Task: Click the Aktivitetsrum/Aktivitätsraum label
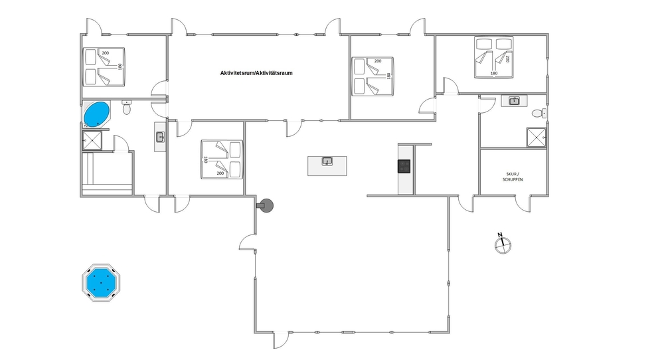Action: (256, 73)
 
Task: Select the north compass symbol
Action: (503, 244)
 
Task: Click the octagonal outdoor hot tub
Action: (101, 282)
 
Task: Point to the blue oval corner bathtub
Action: (96, 114)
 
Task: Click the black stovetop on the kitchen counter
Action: (404, 166)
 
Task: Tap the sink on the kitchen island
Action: (327, 161)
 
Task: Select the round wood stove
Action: (266, 207)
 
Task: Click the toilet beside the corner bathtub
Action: (127, 107)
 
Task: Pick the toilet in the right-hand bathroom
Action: (539, 114)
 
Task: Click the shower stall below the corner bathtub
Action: (92, 141)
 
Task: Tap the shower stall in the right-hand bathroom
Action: (537, 137)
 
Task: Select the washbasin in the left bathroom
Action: (160, 137)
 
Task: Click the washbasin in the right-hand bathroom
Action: (514, 101)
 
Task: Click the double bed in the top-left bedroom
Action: (104, 67)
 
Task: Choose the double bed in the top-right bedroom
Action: (494, 57)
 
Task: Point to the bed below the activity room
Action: (222, 159)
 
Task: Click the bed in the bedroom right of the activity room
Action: (373, 76)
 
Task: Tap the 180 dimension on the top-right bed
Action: (494, 73)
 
